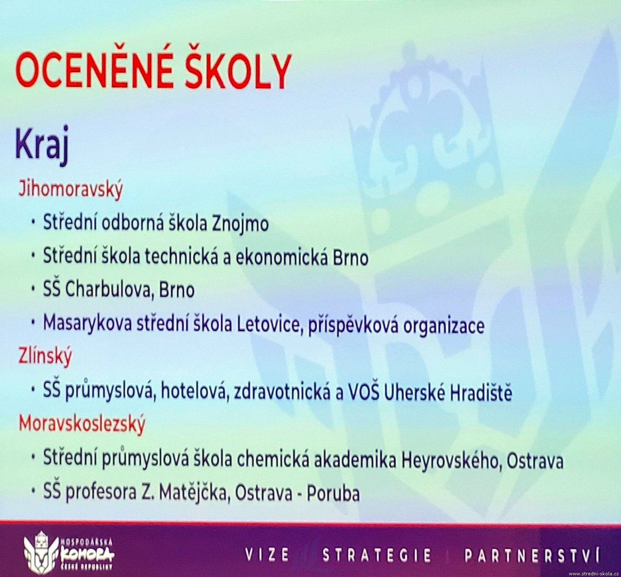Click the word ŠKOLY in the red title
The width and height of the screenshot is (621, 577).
pos(237,71)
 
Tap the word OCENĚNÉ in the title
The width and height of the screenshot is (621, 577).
pos(94,71)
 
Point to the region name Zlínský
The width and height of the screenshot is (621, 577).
pos(45,357)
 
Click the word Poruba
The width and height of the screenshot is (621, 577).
pos(333,494)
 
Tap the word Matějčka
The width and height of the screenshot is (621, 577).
pos(194,494)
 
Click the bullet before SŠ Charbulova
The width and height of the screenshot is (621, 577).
pos(33,290)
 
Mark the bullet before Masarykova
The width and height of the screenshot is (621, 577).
pos(33,324)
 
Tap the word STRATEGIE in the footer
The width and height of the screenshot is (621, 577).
pos(377,555)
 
